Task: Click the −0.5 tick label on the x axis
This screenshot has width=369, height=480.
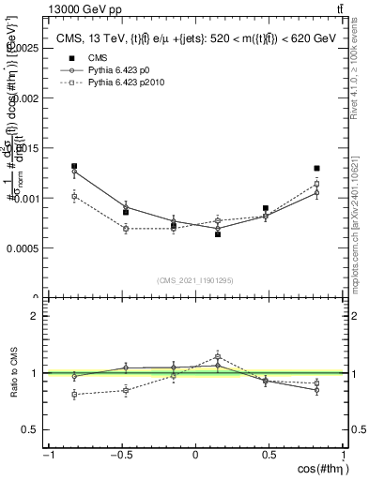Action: tap(121, 455)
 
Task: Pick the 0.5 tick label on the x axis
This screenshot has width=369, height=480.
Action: tap(270, 455)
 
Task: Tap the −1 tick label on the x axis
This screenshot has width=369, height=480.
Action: tap(47, 455)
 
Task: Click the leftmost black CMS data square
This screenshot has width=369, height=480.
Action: tap(74, 166)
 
